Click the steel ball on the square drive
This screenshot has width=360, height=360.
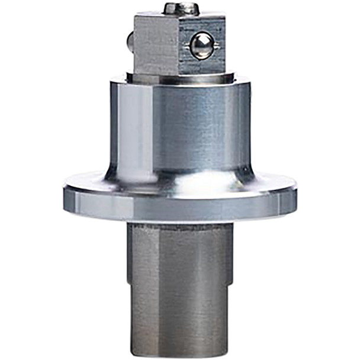point(202,45)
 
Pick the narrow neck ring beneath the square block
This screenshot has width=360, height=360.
point(178,78)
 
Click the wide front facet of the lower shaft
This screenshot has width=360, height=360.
point(189,284)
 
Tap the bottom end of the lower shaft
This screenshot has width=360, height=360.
point(178,353)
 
